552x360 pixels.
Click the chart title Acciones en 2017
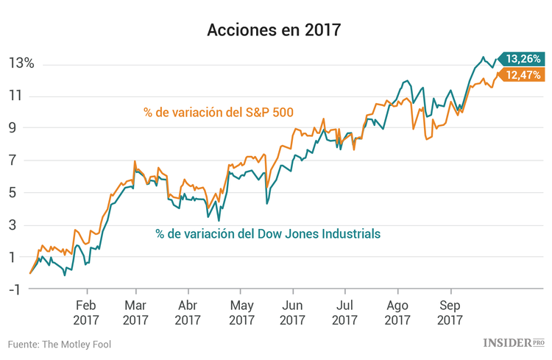coord(275,30)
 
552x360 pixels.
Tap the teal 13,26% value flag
coord(522,58)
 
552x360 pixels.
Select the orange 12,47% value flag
coord(522,74)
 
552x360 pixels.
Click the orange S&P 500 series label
coord(219,113)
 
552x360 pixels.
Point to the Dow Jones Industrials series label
coord(268,233)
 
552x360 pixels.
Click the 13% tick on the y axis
coord(21,63)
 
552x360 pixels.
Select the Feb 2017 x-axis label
coord(86,313)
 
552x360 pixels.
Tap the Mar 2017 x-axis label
coord(135,313)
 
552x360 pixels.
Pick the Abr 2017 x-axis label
coord(188,313)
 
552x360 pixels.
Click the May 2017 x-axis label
coord(241,313)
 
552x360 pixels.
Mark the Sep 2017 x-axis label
coord(450,313)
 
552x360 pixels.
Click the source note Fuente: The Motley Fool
coord(60,344)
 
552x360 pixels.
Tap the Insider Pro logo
coord(513,343)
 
